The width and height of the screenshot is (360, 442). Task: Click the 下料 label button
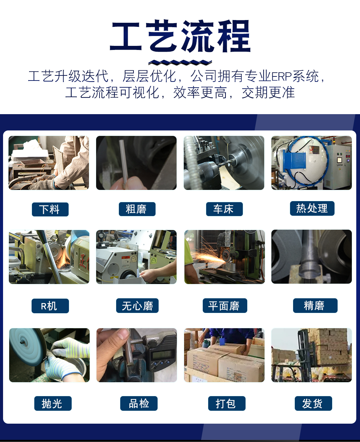50,209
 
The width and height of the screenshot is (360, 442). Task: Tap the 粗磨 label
137,209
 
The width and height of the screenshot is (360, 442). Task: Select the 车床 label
224,209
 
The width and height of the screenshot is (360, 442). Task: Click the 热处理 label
312,208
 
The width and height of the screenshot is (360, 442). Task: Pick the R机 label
50,306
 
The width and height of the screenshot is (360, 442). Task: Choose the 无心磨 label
137,305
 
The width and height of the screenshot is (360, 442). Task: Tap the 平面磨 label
225,305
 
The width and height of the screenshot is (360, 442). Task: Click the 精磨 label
315,305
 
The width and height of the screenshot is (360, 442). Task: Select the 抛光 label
53,403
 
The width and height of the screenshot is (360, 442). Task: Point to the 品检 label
139,403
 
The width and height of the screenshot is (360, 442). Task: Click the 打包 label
227,403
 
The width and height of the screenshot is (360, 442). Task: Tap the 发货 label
313,403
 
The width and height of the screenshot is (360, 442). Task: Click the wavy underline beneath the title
180,62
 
